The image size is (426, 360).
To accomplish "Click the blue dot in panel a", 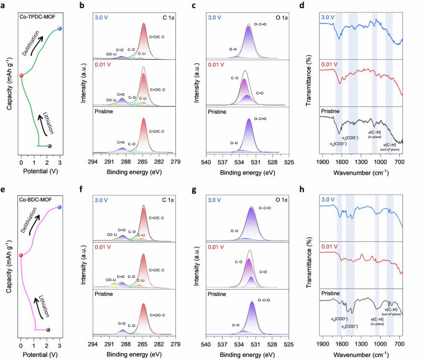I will coord(60,29).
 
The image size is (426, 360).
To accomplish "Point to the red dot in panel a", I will coord(21,76).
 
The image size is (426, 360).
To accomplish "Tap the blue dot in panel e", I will coord(60,207).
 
